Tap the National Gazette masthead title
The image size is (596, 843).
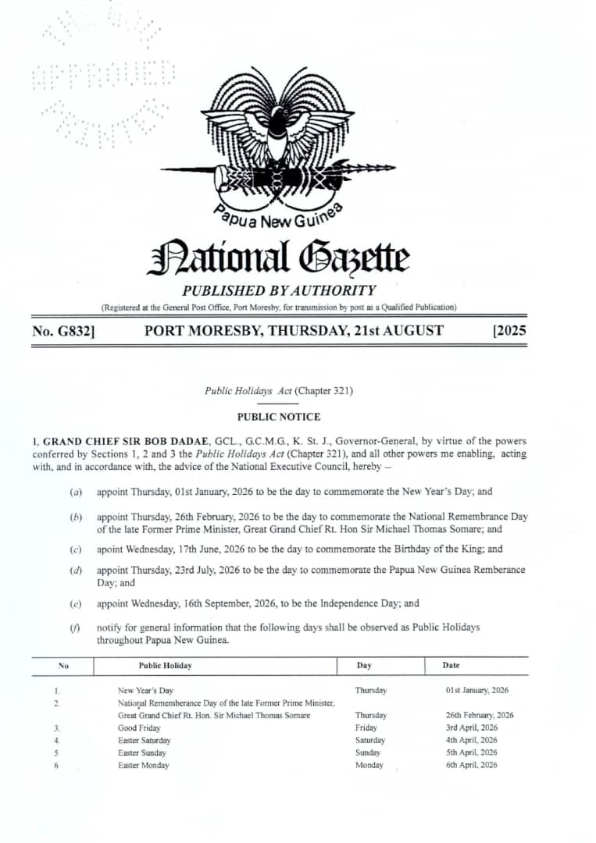point(278,258)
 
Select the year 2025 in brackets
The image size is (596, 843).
point(509,331)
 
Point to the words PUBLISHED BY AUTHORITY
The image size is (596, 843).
point(279,290)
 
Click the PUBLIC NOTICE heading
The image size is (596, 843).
point(279,417)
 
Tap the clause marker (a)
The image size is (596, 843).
point(77,492)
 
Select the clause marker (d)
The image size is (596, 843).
point(77,570)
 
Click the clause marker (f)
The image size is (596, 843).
point(77,628)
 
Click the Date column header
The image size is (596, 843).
point(451,666)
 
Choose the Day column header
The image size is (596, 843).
point(364,666)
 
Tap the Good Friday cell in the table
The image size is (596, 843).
point(139,727)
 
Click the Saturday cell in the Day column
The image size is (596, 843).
point(369,740)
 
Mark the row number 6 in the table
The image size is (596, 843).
point(56,765)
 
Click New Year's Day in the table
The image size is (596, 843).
point(145,691)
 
